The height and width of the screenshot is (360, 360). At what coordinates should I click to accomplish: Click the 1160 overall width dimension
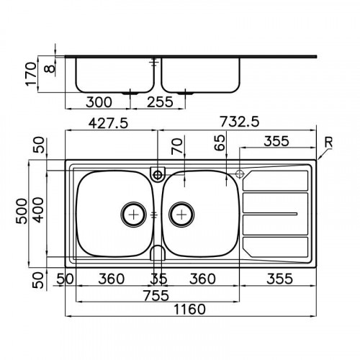[190, 310]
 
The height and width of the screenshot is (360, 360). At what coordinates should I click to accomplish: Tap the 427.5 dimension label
[107, 123]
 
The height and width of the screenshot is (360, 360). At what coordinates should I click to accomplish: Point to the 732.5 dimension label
[240, 123]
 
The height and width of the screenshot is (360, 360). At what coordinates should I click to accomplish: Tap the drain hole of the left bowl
[134, 213]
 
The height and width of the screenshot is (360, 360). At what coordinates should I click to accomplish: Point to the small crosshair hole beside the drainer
[240, 174]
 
